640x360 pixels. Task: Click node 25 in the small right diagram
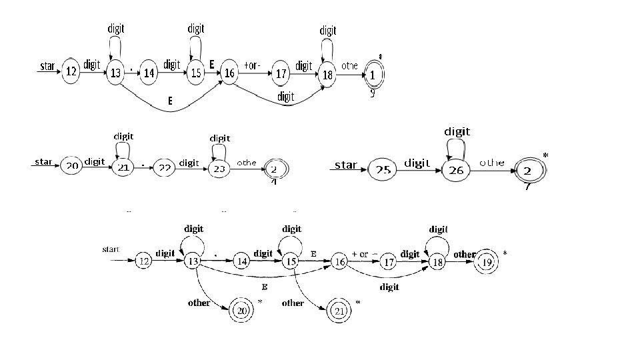point(382,171)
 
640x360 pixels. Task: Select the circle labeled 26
point(456,171)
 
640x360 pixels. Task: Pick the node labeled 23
point(219,169)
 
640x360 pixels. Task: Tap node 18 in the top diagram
point(327,75)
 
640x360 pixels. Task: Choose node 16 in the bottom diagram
point(340,262)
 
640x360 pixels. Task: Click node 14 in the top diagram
point(149,73)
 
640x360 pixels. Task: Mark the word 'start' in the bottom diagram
point(111,249)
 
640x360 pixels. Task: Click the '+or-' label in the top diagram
point(253,65)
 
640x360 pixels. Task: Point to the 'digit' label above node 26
point(457,131)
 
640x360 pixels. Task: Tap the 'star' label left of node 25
point(345,165)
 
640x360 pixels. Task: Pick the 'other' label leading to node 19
point(465,254)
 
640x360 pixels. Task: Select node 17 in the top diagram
point(281,74)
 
